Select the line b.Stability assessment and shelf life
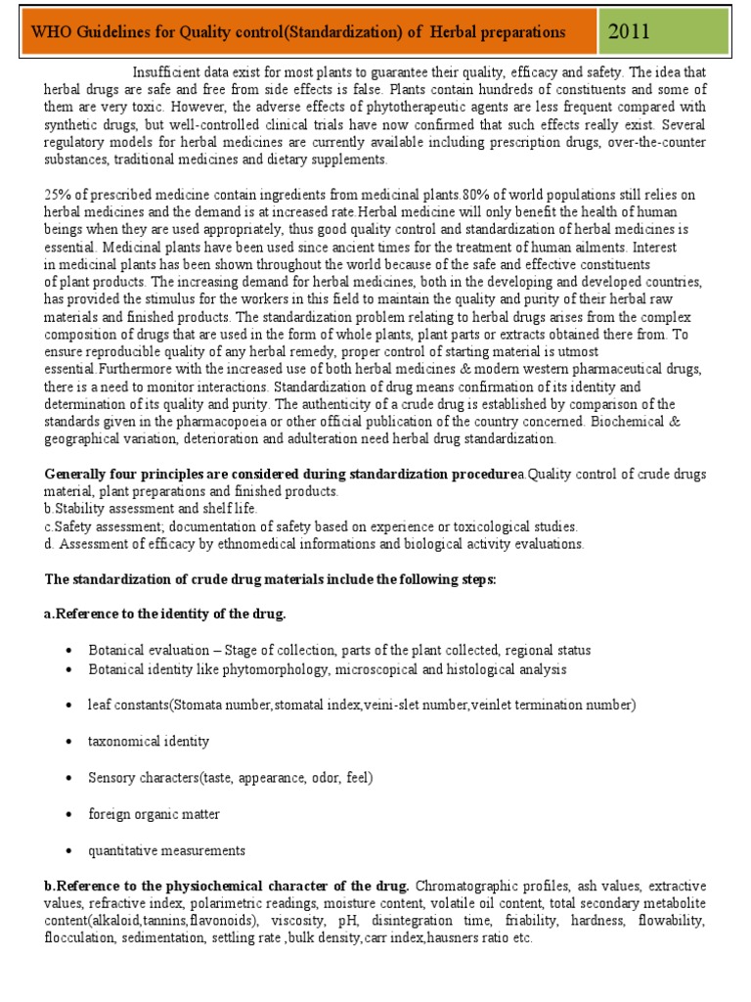(151, 509)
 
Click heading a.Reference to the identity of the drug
(165, 615)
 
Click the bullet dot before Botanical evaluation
(68, 652)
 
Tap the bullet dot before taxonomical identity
(68, 743)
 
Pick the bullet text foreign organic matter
(154, 814)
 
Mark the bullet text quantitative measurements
(166, 850)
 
